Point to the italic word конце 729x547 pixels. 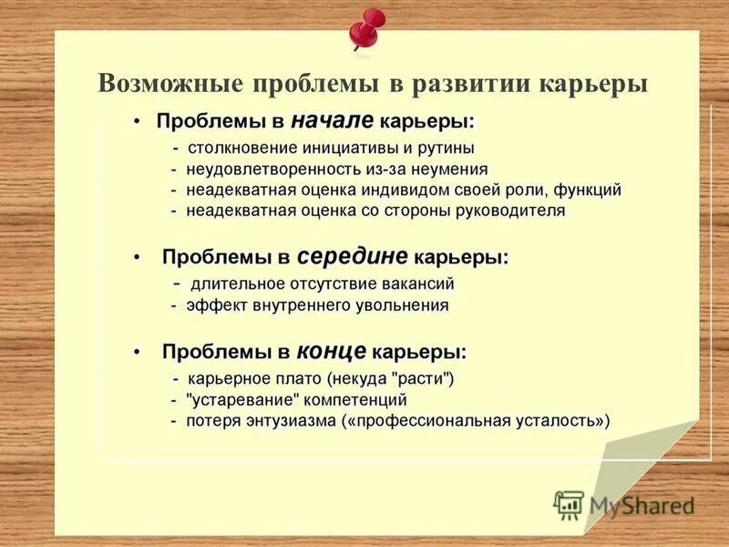(332, 351)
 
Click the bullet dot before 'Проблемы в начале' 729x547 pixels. (136, 122)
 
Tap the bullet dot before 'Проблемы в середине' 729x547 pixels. (137, 259)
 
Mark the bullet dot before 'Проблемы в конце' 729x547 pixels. (137, 353)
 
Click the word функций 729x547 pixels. (584, 190)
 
